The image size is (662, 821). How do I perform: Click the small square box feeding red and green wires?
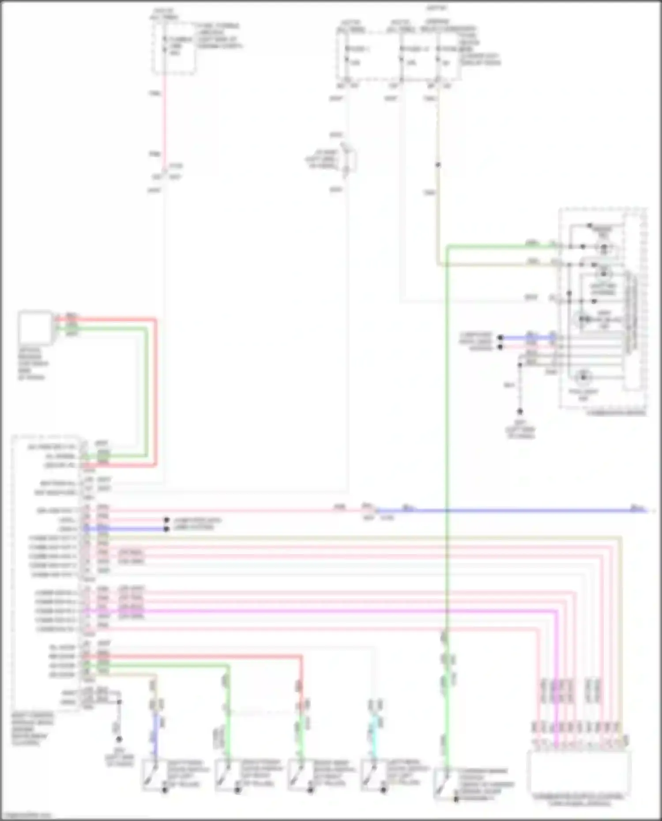point(35,327)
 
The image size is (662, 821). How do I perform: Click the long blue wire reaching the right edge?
point(508,511)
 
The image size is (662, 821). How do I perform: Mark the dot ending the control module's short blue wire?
point(166,529)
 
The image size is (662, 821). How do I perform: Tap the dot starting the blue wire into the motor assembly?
point(500,338)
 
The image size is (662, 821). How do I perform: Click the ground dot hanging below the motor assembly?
point(520,411)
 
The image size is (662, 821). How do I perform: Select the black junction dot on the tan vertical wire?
point(438,165)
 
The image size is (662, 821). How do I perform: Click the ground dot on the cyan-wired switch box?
point(383,790)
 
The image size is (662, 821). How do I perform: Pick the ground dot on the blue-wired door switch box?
point(165,790)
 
